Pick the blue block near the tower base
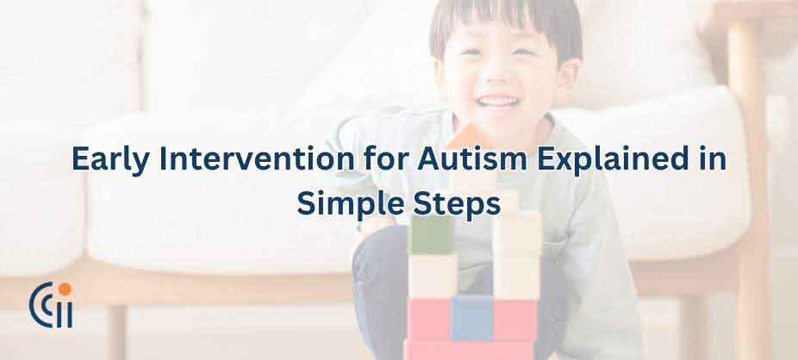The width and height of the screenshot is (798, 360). tap(472, 317)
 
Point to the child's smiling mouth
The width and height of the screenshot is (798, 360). tap(499, 102)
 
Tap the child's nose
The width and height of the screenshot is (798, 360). tap(498, 79)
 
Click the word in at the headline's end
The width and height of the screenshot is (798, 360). tap(713, 161)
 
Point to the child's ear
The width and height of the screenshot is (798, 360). tap(569, 73)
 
